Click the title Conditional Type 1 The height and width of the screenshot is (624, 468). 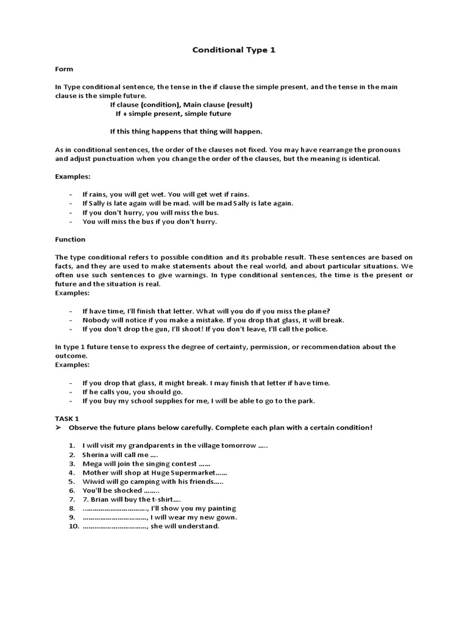[x=234, y=50]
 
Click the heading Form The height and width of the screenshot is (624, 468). [x=64, y=69]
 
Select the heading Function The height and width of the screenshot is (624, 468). [x=70, y=239]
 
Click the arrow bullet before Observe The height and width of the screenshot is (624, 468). [x=58, y=428]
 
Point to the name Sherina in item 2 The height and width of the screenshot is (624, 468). [x=96, y=455]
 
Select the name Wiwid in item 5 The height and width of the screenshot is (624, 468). [x=93, y=481]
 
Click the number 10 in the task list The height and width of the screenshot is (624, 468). [x=71, y=526]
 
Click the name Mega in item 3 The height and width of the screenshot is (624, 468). [x=92, y=464]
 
